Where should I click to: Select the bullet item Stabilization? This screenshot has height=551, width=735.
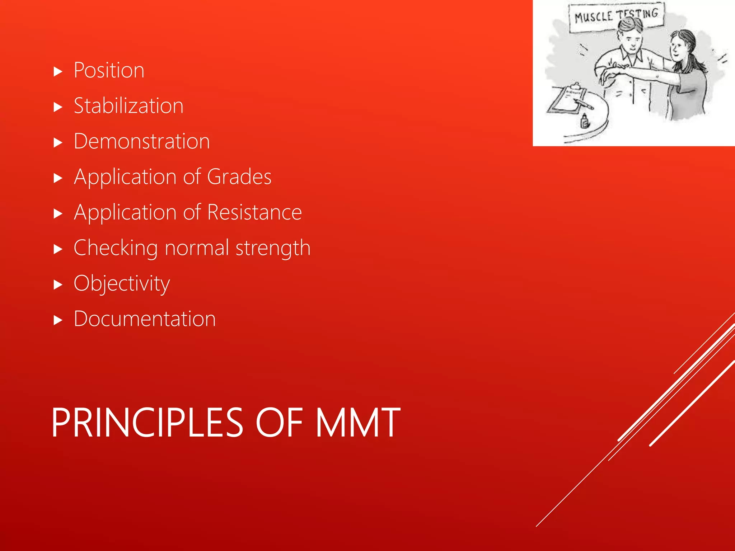click(x=128, y=106)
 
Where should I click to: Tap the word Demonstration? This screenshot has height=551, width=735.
click(x=142, y=141)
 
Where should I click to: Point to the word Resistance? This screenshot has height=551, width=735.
click(x=254, y=212)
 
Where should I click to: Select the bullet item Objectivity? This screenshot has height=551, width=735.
click(x=122, y=283)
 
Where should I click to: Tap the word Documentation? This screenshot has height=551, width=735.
click(x=145, y=319)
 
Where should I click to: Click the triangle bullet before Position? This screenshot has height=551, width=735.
click(x=58, y=72)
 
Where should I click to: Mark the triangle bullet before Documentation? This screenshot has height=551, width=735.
click(x=58, y=320)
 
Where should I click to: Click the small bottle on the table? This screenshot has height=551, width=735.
click(x=585, y=121)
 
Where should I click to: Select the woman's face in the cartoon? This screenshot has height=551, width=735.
click(x=677, y=48)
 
